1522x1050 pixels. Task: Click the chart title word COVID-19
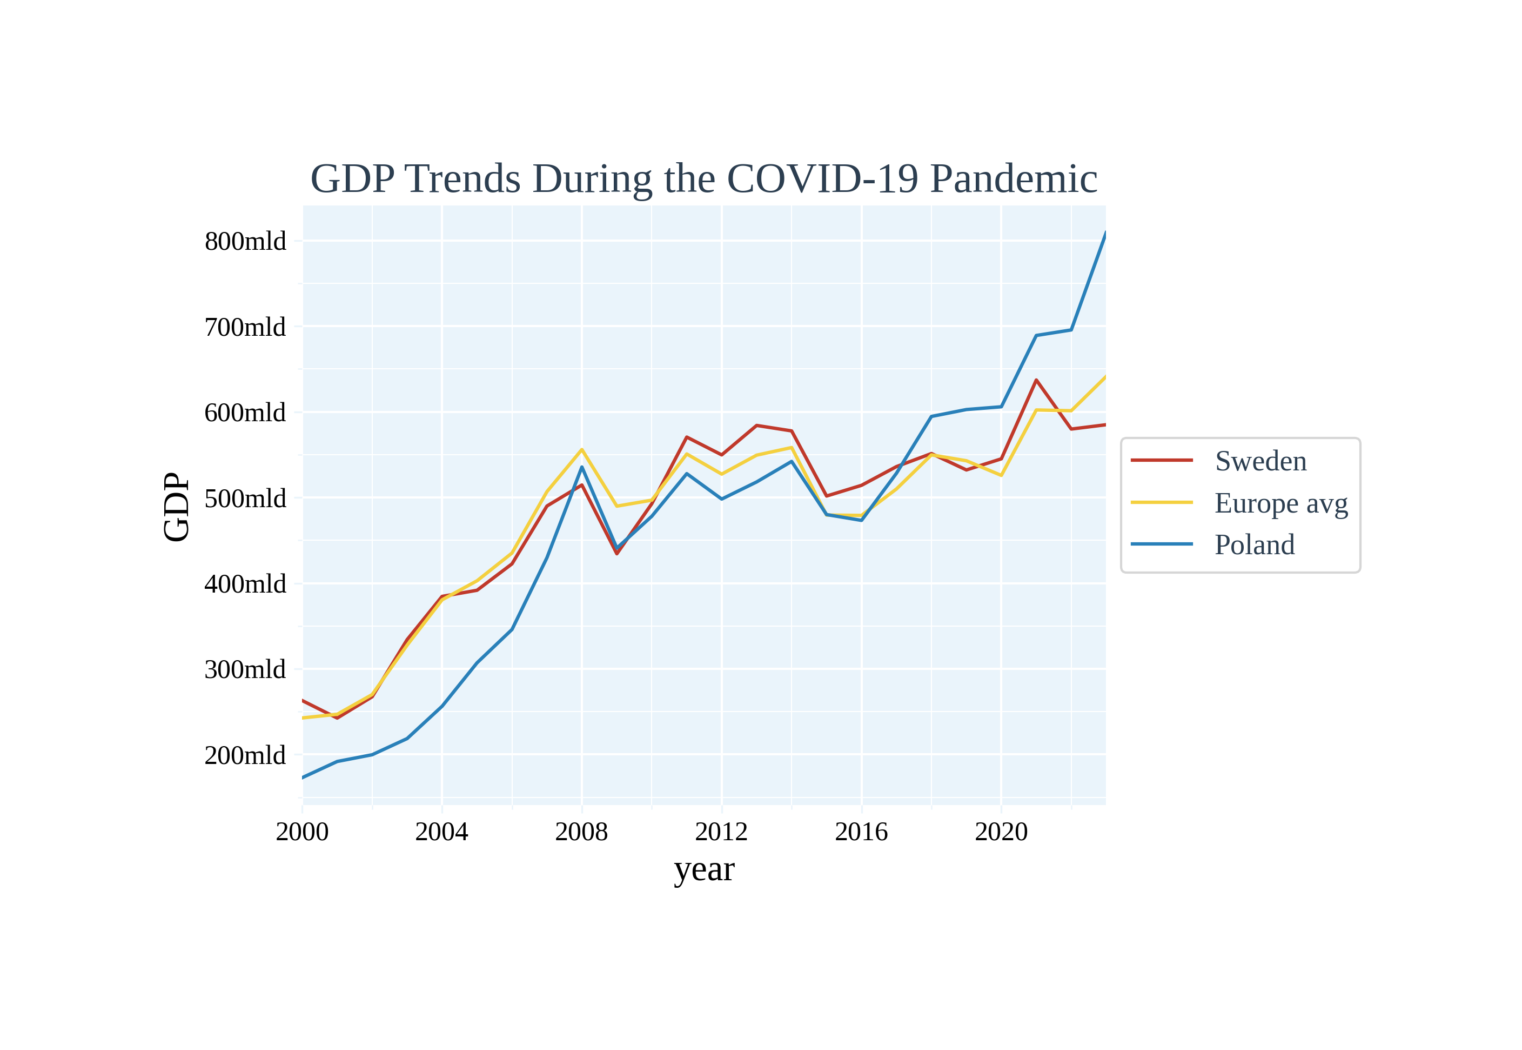click(x=822, y=179)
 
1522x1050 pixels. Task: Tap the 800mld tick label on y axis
click(x=245, y=242)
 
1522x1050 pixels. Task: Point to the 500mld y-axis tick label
click(x=245, y=499)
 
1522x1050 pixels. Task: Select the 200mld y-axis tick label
click(x=245, y=755)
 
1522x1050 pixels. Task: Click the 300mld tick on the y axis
click(x=245, y=670)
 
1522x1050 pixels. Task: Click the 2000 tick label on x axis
click(x=302, y=832)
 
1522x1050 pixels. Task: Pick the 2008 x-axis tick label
click(x=581, y=832)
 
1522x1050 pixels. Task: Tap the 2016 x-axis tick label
click(x=861, y=832)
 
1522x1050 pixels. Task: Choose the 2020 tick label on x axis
click(x=1001, y=832)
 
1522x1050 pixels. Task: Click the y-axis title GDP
click(x=176, y=507)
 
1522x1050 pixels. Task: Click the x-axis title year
click(x=704, y=870)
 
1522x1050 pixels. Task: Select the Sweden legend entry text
click(x=1260, y=461)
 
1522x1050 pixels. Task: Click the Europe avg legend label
click(x=1280, y=503)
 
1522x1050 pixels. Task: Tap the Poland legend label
click(x=1255, y=545)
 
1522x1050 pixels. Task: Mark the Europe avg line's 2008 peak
click(x=582, y=449)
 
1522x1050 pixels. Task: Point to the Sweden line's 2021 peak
click(x=1036, y=380)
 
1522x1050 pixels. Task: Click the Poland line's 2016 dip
click(x=861, y=520)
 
